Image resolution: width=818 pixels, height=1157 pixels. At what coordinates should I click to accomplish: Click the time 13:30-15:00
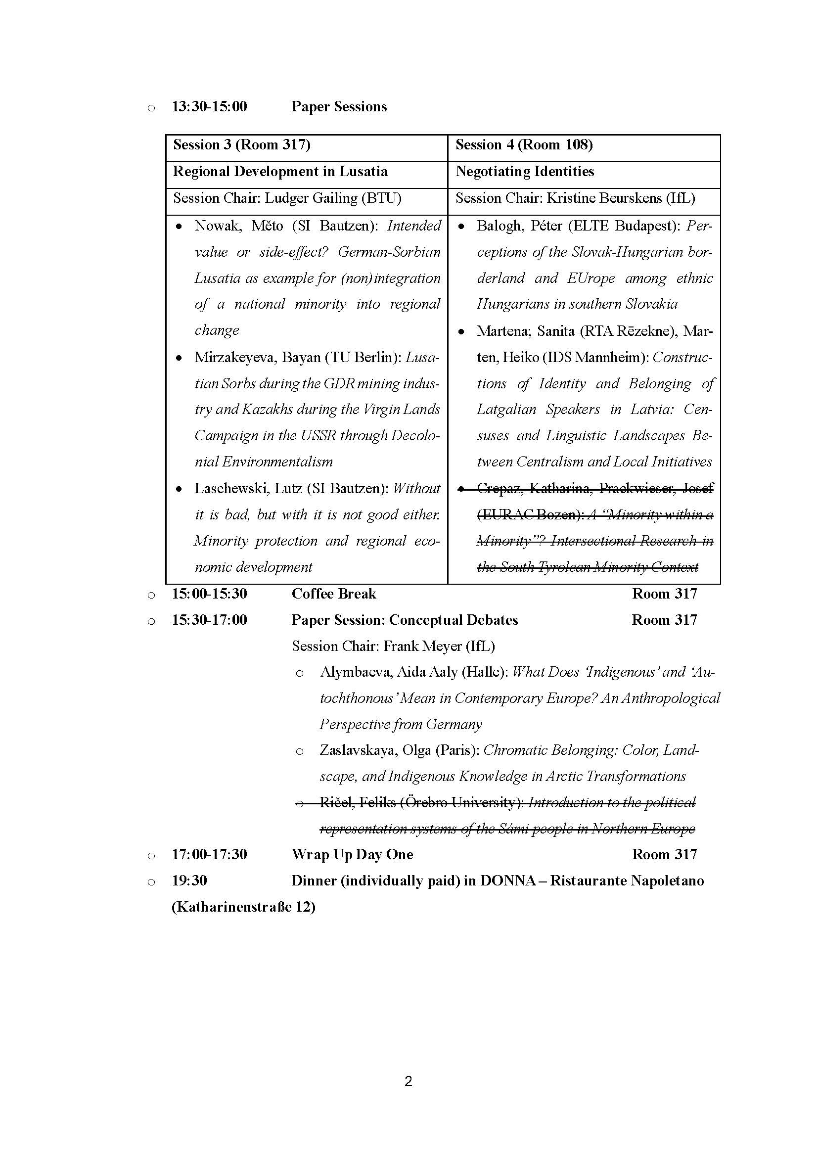point(210,107)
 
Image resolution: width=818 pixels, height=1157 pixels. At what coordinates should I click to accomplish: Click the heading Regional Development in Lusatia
point(280,172)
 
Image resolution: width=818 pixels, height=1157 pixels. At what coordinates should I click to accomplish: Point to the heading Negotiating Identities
point(525,172)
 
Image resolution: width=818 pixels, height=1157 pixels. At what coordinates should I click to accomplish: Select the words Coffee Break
point(333,594)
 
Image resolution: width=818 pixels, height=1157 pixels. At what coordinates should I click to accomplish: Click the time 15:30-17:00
point(210,620)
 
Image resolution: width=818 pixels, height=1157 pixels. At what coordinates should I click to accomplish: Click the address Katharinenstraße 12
point(243,907)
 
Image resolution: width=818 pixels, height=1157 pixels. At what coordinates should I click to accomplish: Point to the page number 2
point(409,1081)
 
